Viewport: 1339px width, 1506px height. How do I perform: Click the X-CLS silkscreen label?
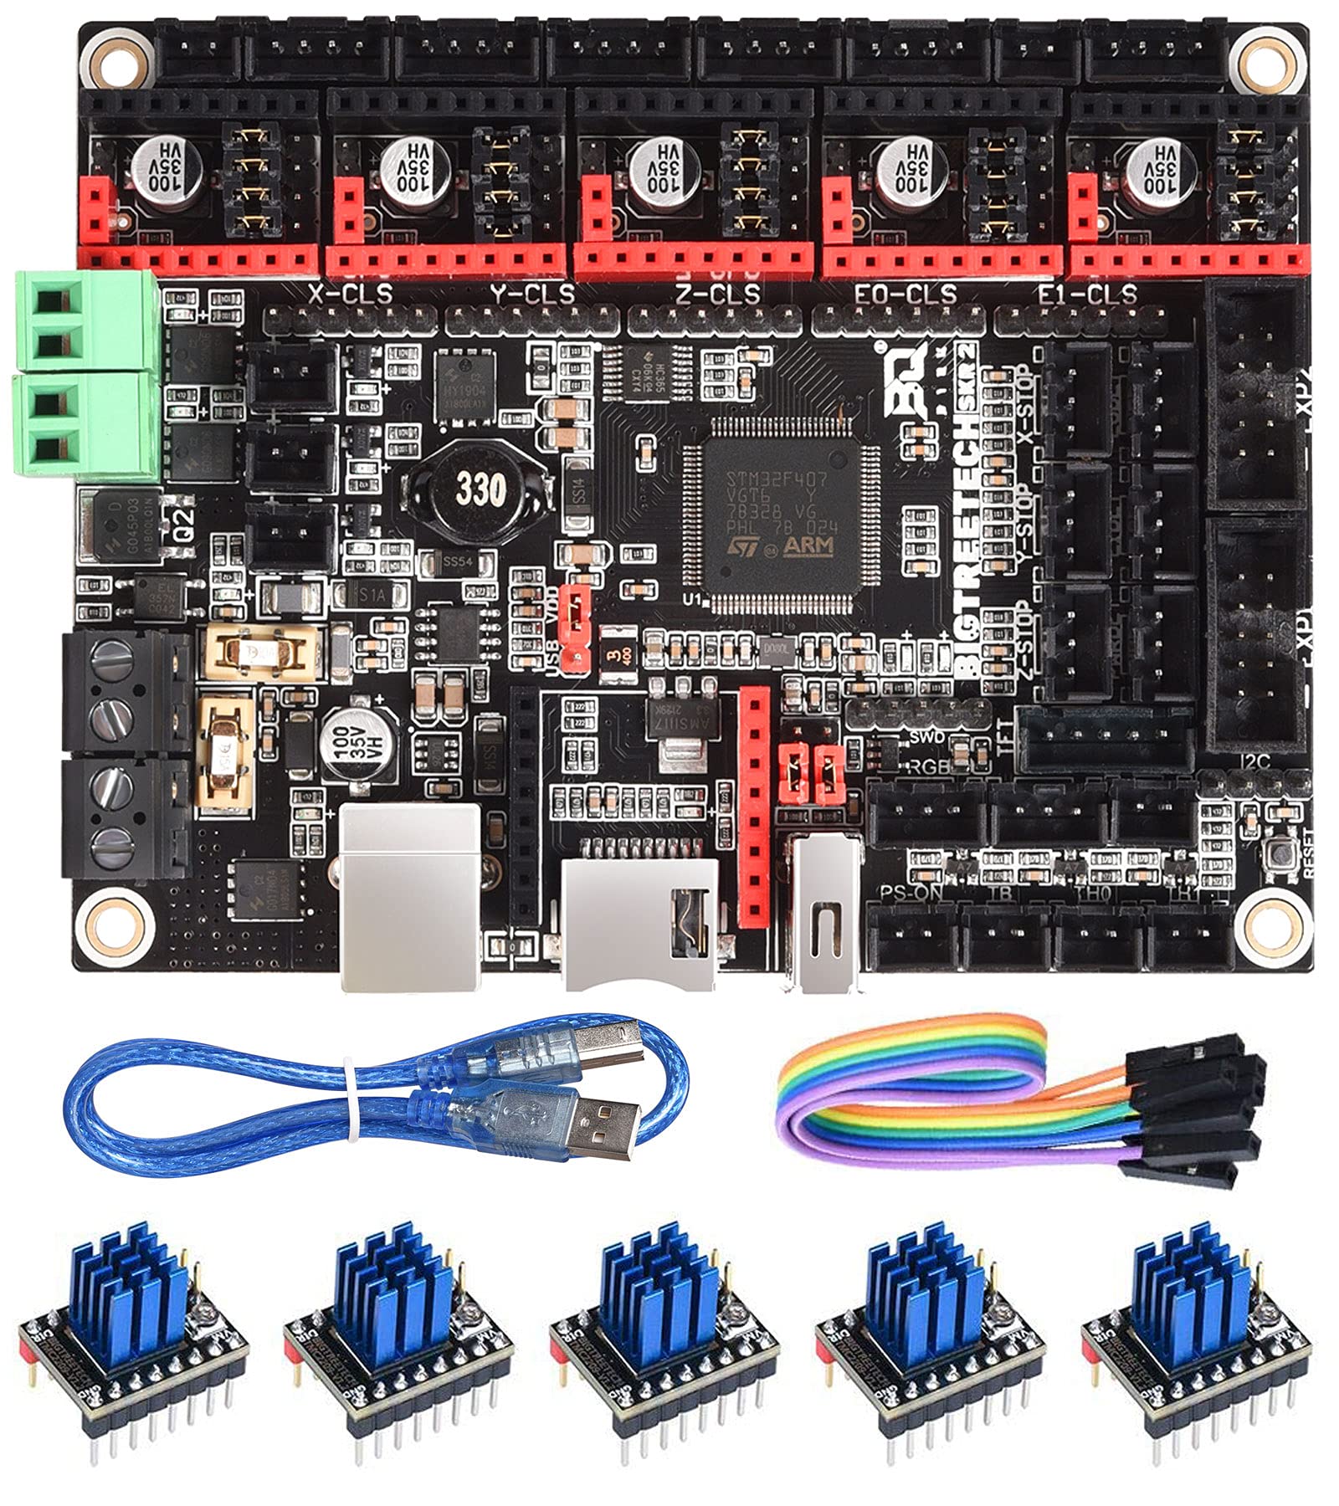(x=350, y=294)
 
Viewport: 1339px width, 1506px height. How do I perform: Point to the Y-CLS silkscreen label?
(x=532, y=294)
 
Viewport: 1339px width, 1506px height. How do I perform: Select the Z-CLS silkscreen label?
(x=717, y=294)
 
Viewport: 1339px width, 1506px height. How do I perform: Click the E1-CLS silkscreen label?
(x=1086, y=294)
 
